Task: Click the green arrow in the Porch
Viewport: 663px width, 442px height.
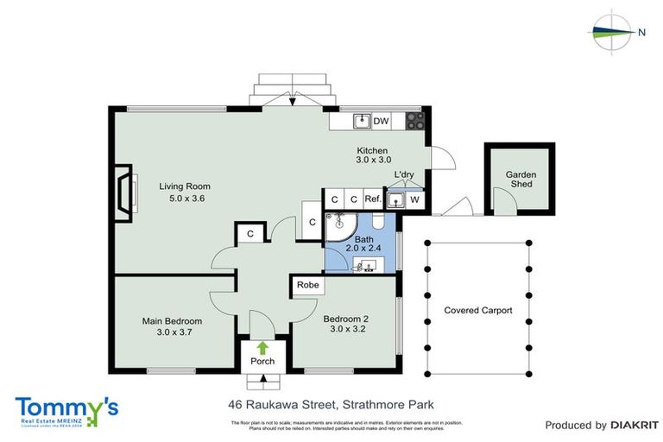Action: click(262, 348)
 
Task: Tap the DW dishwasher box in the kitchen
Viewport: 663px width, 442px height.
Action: click(381, 121)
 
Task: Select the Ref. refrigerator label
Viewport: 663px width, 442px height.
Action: click(373, 199)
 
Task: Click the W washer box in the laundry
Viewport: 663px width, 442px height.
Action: click(415, 200)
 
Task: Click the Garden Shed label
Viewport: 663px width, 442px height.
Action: click(521, 180)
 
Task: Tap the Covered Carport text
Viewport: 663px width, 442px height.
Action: click(477, 311)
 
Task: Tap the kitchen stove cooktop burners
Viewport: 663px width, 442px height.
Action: click(415, 121)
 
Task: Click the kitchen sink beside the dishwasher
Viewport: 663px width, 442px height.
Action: click(361, 121)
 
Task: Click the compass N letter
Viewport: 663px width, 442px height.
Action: click(641, 33)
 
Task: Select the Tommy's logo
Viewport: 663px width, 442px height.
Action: click(66, 410)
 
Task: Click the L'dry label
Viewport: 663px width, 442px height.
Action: click(404, 175)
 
